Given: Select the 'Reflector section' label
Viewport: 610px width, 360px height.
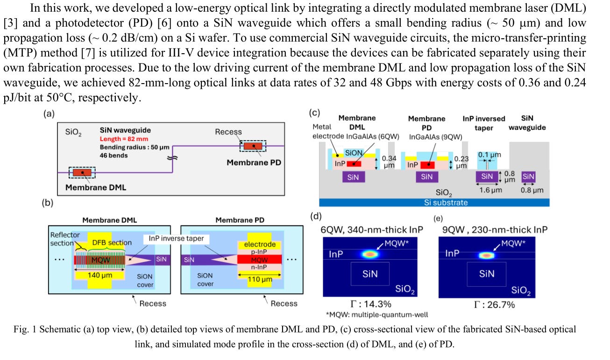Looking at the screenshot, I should click(x=65, y=239).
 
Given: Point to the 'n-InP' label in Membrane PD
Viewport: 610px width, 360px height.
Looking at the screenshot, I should click(x=260, y=268).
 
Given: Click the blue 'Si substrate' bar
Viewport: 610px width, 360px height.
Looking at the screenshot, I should click(x=434, y=202).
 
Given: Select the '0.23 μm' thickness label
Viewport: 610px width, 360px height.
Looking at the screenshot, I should click(x=462, y=162).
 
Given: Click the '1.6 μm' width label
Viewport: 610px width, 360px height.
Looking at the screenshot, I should click(x=488, y=190).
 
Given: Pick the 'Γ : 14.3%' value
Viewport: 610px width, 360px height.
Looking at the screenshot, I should click(x=371, y=304).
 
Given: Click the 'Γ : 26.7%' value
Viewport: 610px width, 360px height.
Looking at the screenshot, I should click(x=488, y=304).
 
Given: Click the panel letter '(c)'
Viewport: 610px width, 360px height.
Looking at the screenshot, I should click(x=315, y=113).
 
